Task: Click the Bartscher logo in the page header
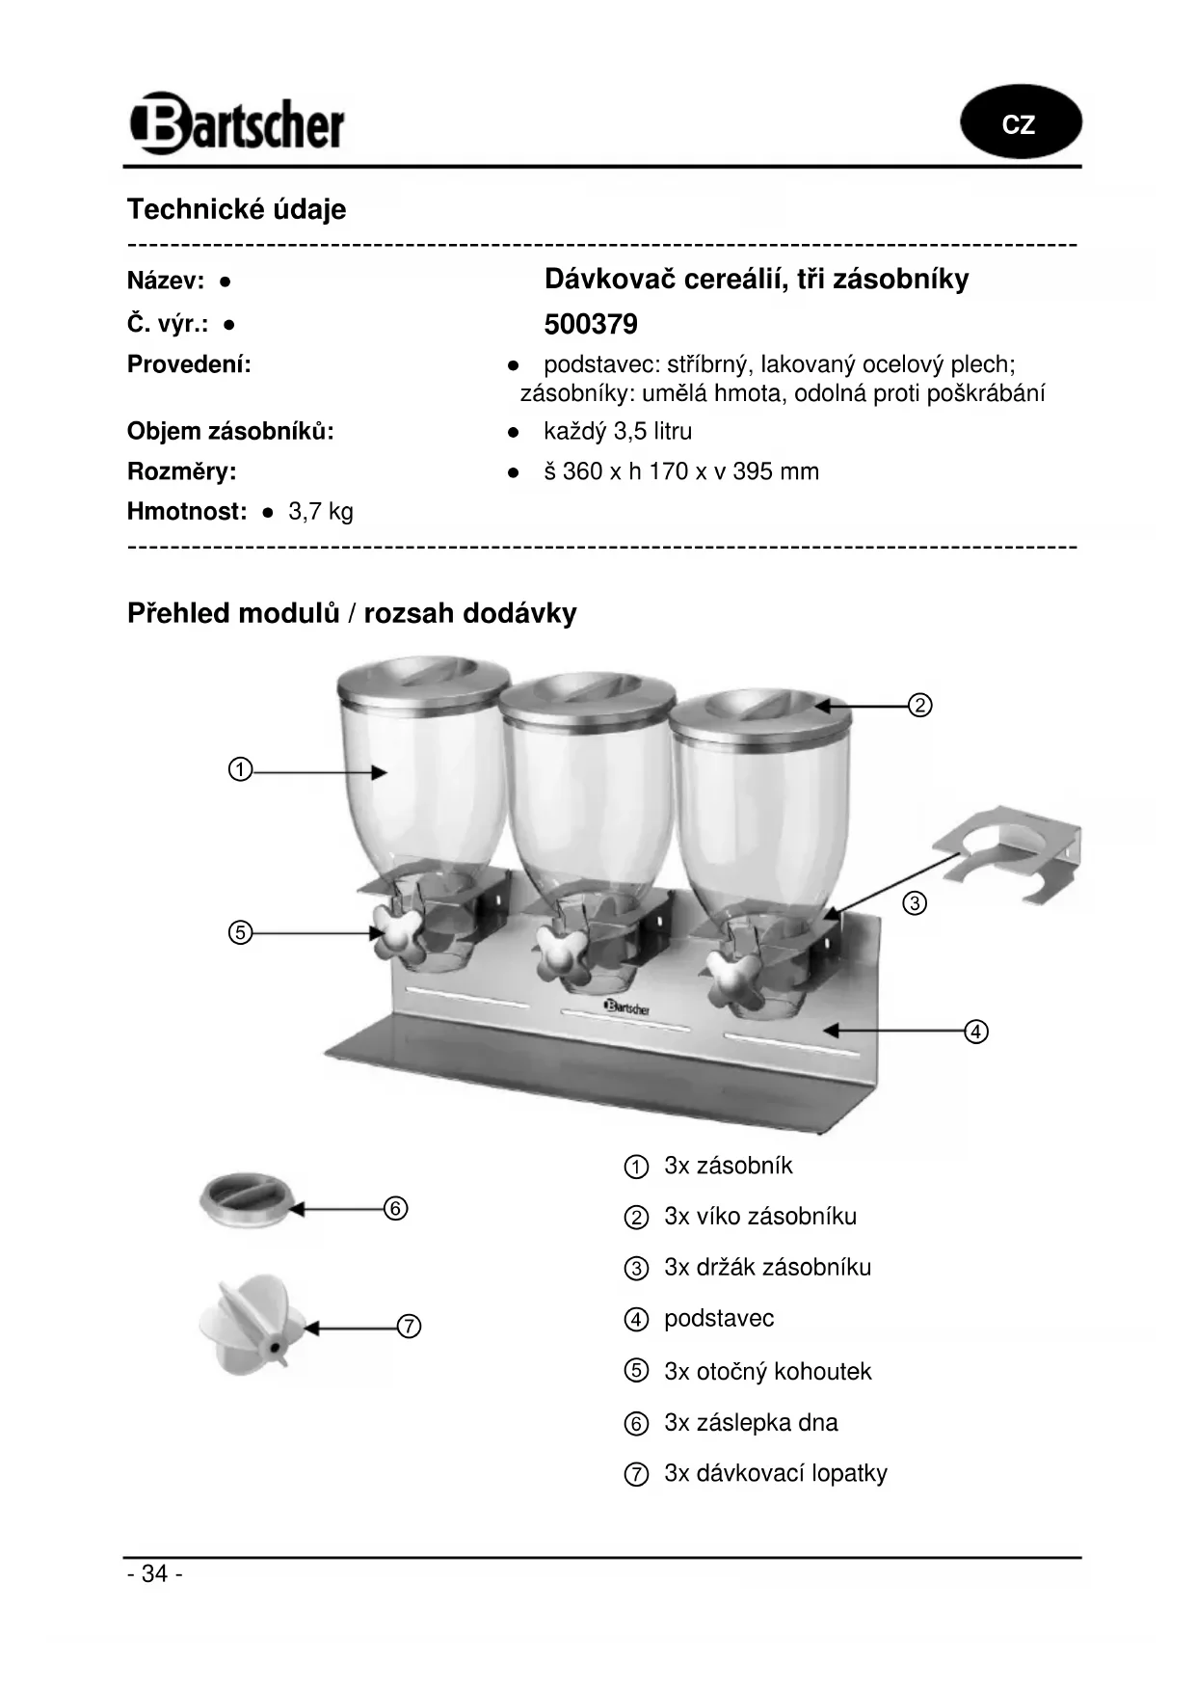pyautogui.click(x=237, y=124)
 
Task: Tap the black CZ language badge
pyautogui.click(x=1020, y=123)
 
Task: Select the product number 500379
pyautogui.click(x=591, y=325)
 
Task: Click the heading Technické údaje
pyautogui.click(x=236, y=209)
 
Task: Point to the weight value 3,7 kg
pyautogui.click(x=321, y=511)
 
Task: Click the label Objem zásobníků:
pyautogui.click(x=230, y=432)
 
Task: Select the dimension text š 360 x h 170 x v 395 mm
pyautogui.click(x=680, y=471)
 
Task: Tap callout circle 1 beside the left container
pyautogui.click(x=240, y=770)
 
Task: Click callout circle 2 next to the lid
pyautogui.click(x=920, y=706)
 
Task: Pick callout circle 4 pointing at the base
pyautogui.click(x=976, y=1032)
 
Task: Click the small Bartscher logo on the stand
pyautogui.click(x=626, y=1007)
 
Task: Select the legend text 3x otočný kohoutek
pyautogui.click(x=767, y=1371)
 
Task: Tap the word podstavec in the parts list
pyautogui.click(x=719, y=1319)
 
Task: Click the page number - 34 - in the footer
pyautogui.click(x=154, y=1573)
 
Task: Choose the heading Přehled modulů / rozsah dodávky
pyautogui.click(x=352, y=613)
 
